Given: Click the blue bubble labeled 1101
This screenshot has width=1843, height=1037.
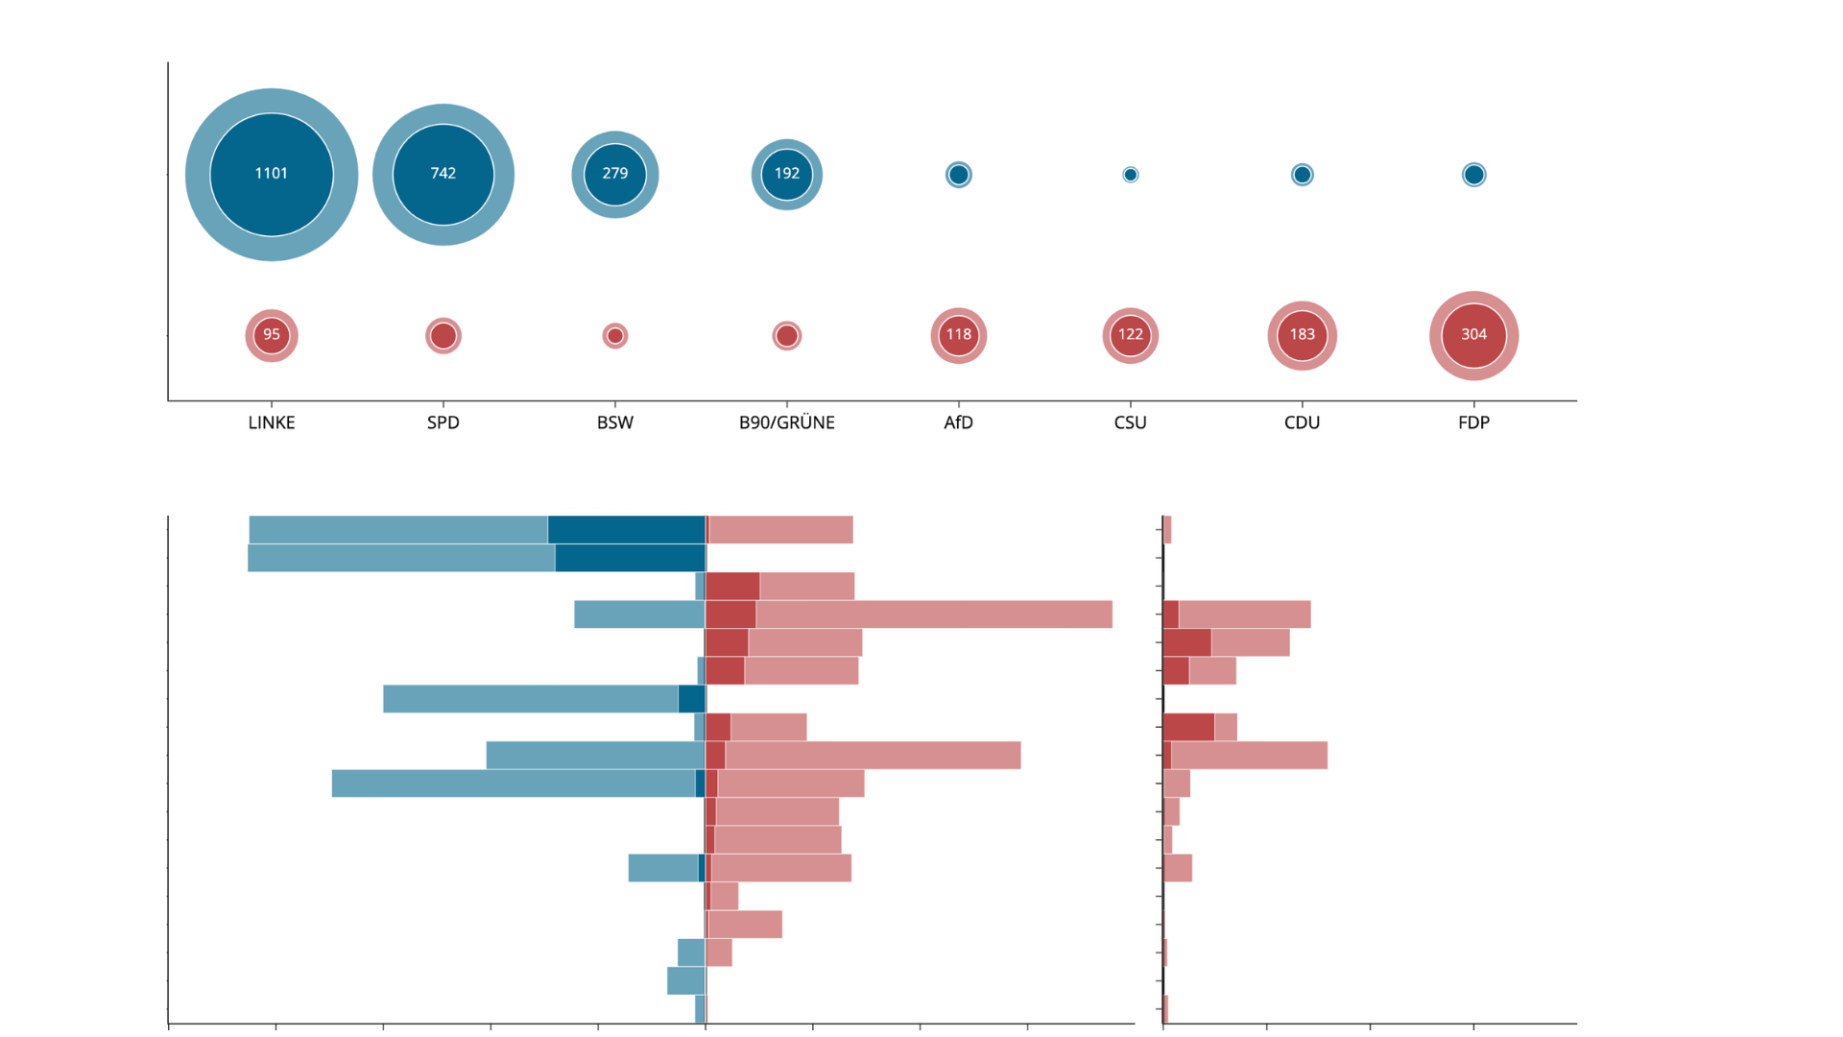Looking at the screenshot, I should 272,174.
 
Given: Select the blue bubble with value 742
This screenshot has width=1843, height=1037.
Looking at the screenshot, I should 443,174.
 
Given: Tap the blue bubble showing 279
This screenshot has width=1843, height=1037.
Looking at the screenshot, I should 615,174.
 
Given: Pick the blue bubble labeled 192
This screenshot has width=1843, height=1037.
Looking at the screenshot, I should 787,174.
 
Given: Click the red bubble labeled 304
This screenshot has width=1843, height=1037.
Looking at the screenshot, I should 1473,335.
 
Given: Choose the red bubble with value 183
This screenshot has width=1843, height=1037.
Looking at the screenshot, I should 1302,335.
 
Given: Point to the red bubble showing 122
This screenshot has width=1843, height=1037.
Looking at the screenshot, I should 1130,335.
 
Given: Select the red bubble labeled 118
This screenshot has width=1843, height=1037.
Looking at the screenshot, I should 958,335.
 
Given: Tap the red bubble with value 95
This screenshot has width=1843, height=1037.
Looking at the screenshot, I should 272,335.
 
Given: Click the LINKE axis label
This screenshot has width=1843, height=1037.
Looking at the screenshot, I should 272,422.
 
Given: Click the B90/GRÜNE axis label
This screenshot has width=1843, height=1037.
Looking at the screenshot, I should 787,422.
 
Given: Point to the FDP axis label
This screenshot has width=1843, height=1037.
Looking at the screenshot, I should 1473,422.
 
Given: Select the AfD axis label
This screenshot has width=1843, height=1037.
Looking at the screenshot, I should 958,422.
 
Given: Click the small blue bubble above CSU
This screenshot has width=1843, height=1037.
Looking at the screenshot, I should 1130,175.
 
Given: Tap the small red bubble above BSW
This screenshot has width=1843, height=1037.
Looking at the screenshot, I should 615,336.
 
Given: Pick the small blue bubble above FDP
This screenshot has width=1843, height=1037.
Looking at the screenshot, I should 1473,175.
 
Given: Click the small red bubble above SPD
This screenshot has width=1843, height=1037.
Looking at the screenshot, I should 443,336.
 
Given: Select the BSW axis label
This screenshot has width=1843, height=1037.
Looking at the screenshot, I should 615,422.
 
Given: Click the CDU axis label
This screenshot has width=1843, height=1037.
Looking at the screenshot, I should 1302,422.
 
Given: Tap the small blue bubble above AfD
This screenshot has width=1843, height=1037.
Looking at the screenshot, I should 958,175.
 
